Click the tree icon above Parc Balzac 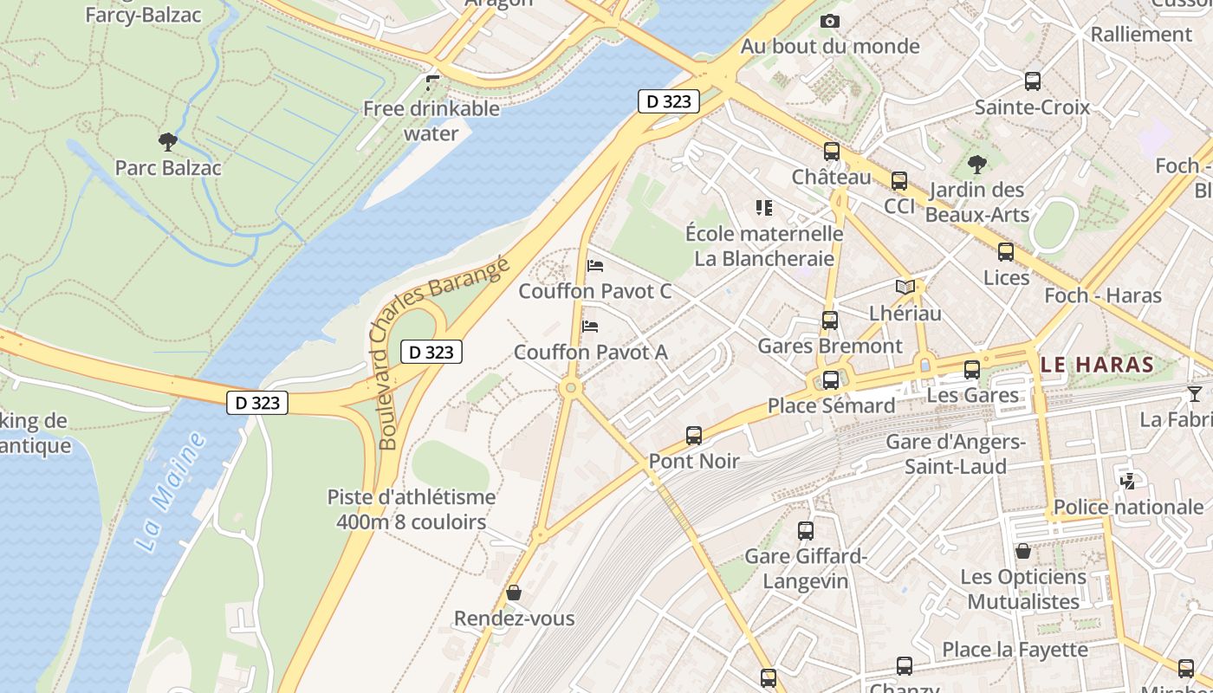coord(168,142)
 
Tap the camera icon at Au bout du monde coord(830,21)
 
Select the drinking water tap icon coord(432,83)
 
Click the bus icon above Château coord(832,152)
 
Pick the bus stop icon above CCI coord(899,181)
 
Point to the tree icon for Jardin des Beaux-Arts coord(976,165)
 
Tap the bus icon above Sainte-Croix coord(1033,81)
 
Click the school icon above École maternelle coord(763,208)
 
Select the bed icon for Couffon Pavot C coord(595,266)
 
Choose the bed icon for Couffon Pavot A coord(591,327)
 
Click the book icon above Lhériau coord(905,287)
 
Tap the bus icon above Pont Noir coord(694,435)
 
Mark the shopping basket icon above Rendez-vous coord(514,593)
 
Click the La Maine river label coord(171,491)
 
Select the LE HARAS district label coord(1098,365)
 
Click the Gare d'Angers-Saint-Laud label coord(956,454)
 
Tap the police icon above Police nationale coord(1128,481)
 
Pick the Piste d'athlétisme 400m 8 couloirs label coord(412,509)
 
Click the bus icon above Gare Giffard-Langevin coord(806,530)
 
